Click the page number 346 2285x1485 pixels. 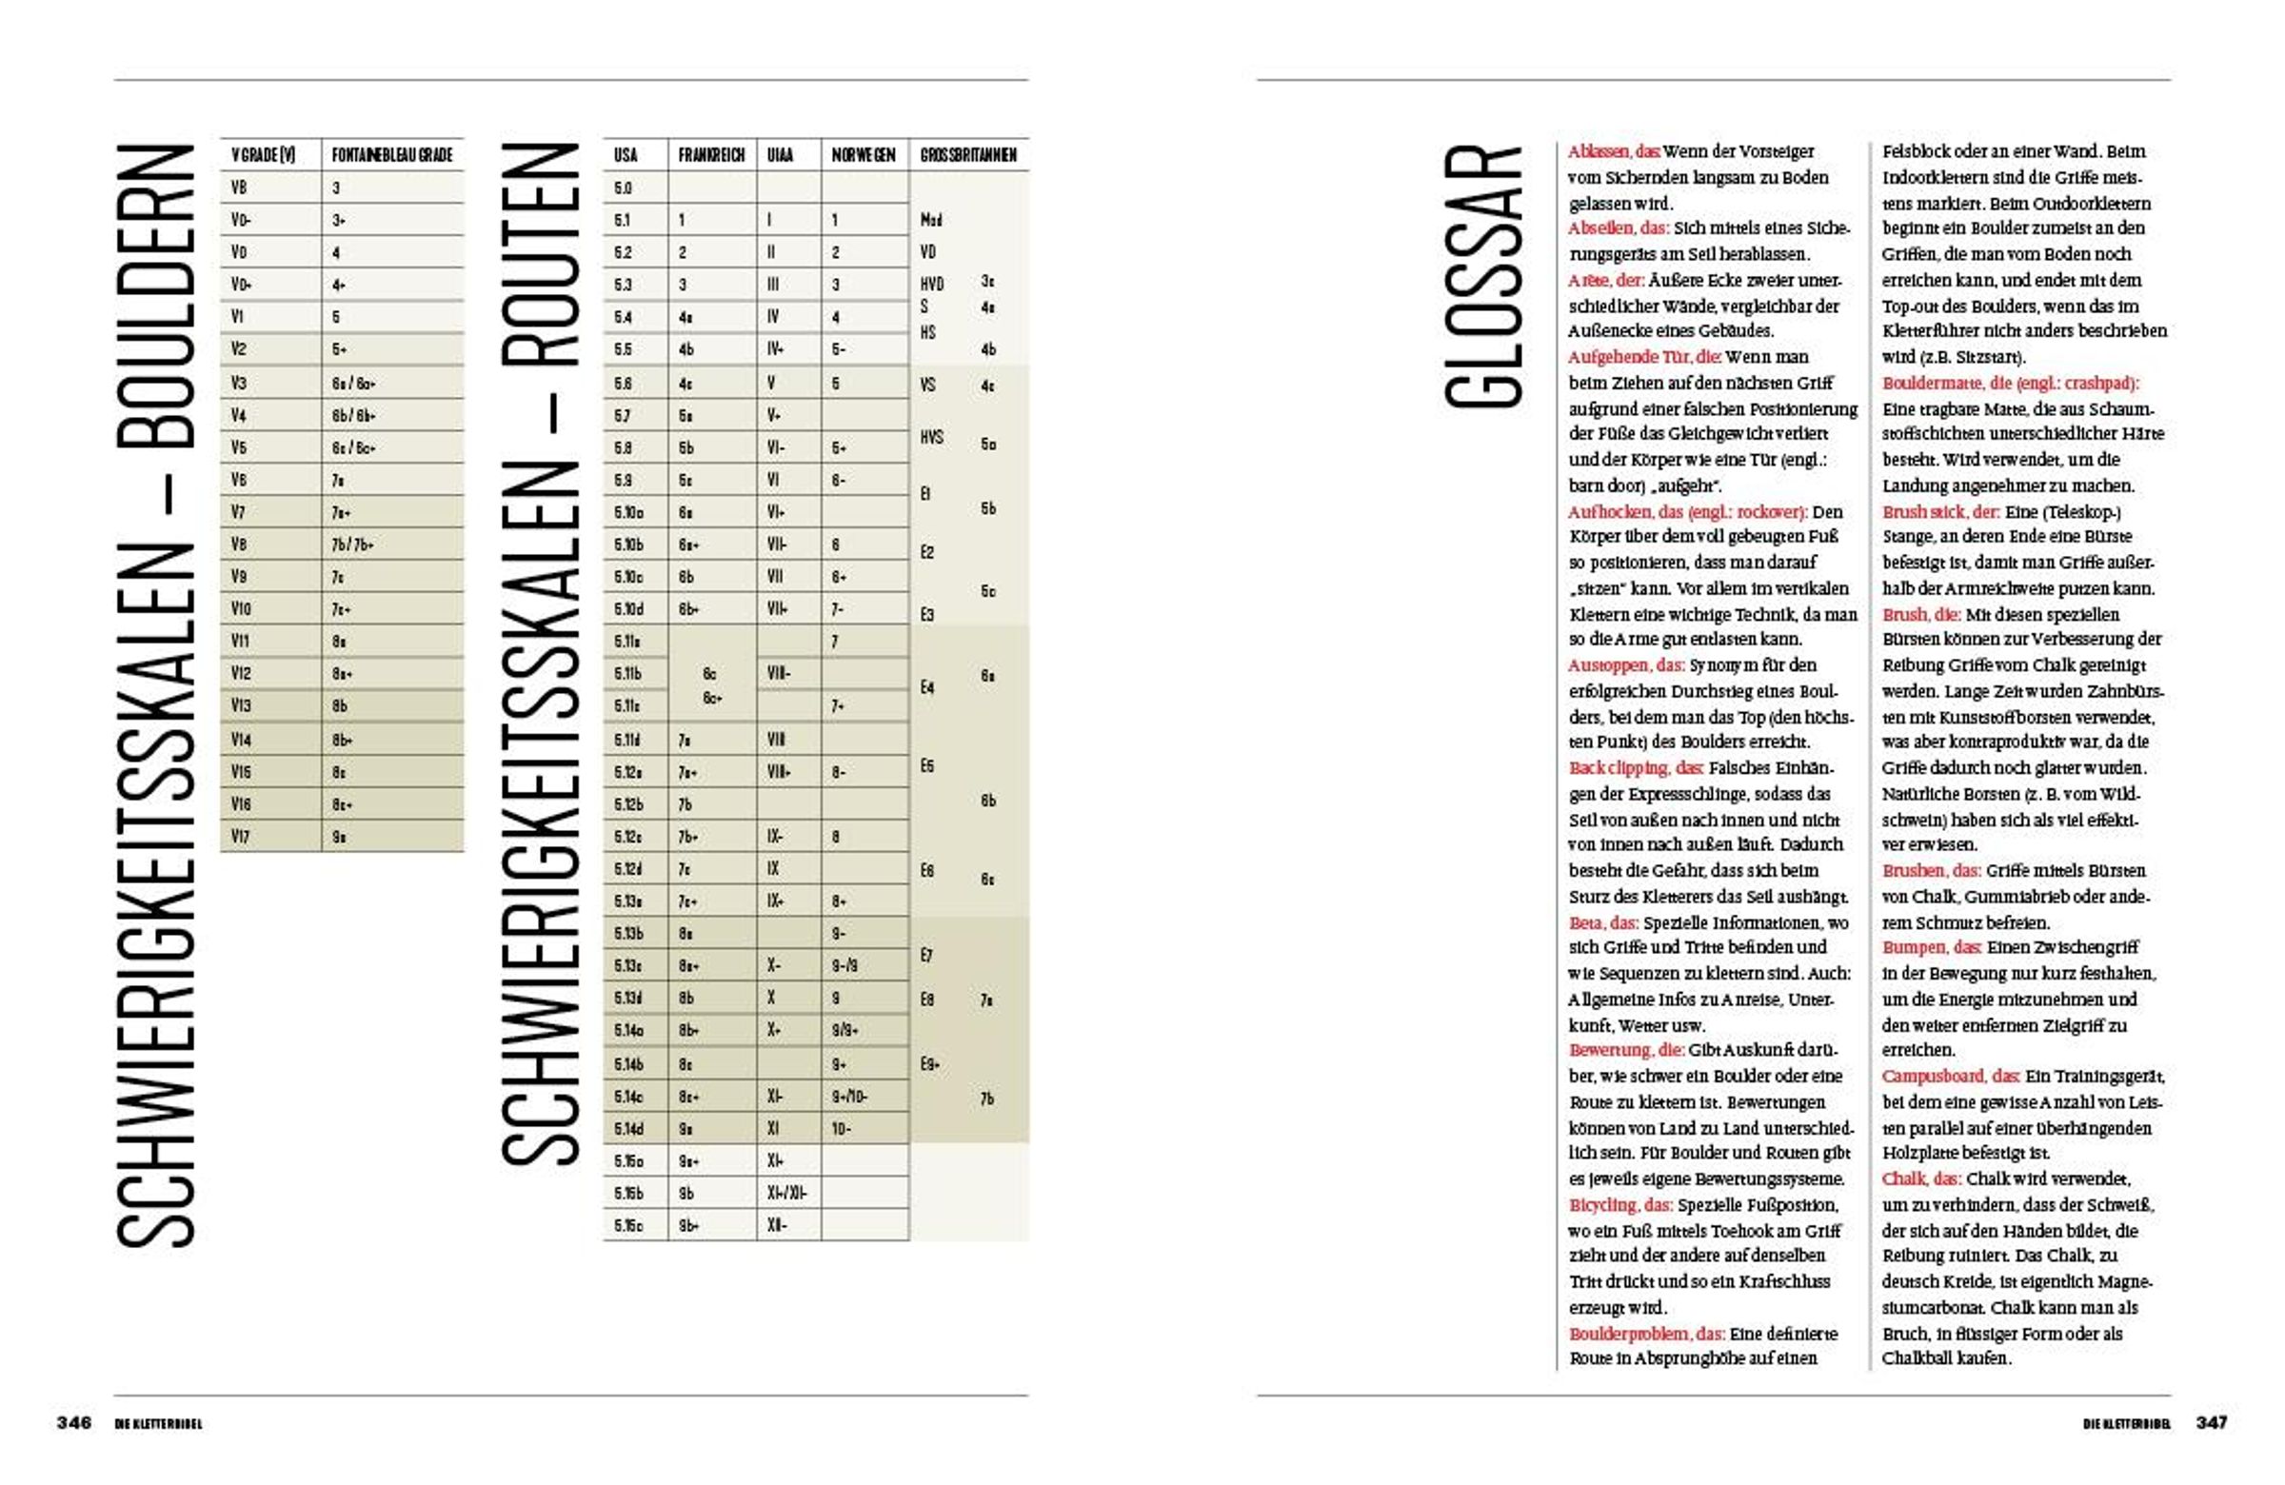pyautogui.click(x=74, y=1422)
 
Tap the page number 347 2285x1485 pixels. pyautogui.click(x=2211, y=1422)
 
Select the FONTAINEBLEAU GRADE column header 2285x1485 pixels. pyautogui.click(x=391, y=155)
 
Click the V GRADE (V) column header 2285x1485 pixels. pyautogui.click(x=262, y=155)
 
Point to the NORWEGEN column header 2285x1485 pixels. pyautogui.click(x=864, y=155)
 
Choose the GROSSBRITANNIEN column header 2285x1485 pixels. pyautogui.click(x=967, y=155)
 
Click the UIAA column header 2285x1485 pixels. pyautogui.click(x=780, y=155)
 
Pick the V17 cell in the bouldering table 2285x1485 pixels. pyautogui.click(x=240, y=837)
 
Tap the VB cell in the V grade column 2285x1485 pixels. pyautogui.click(x=239, y=188)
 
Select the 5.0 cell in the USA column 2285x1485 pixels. pyautogui.click(x=623, y=188)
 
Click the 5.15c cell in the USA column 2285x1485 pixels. pyautogui.click(x=629, y=1226)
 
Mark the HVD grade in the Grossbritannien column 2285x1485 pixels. pyautogui.click(x=931, y=284)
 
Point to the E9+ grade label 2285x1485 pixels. pyautogui.click(x=929, y=1063)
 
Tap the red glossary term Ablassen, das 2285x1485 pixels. pyautogui.click(x=1613, y=151)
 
